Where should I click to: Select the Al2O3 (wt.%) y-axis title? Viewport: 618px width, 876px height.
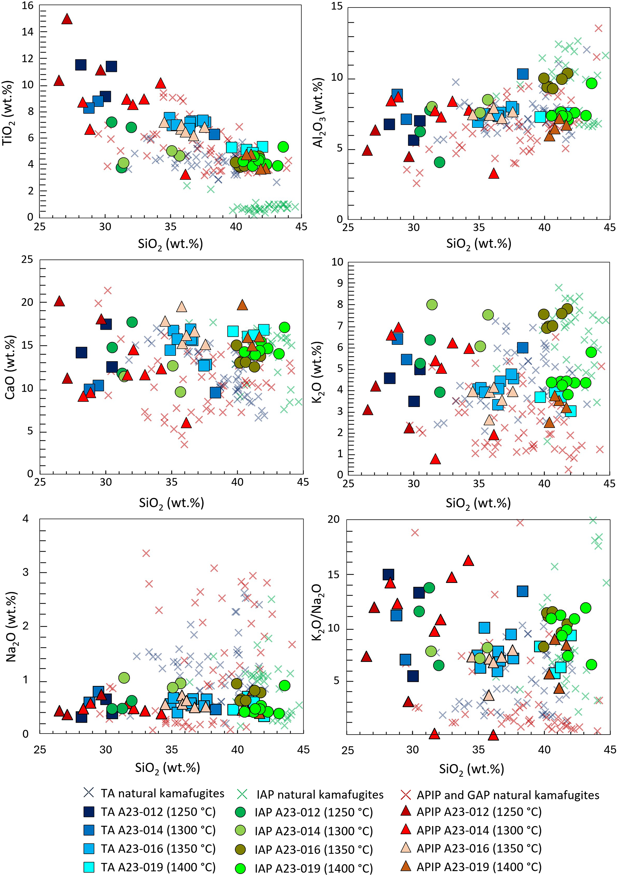tap(318, 113)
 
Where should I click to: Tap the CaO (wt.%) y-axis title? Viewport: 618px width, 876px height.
tap(10, 367)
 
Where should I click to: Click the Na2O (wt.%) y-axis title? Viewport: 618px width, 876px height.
tap(11, 626)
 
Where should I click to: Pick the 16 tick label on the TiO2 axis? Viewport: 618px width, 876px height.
tap(27, 6)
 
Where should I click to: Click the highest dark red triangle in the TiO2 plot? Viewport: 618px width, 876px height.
tap(67, 19)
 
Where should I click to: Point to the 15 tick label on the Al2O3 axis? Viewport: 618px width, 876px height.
tap(337, 7)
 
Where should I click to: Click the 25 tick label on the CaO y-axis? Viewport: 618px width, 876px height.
tap(27, 260)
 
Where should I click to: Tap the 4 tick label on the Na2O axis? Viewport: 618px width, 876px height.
tap(26, 519)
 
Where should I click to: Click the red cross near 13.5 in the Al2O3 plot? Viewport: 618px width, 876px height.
tap(598, 28)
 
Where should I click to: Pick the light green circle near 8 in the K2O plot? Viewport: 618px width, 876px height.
tap(432, 304)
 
